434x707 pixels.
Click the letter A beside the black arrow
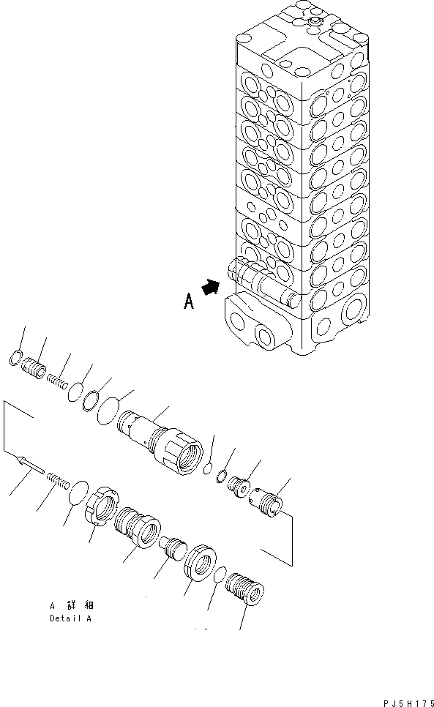(188, 302)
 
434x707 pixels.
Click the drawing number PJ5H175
(406, 700)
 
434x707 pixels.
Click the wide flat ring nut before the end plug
(200, 562)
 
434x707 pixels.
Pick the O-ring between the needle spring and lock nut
(78, 493)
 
